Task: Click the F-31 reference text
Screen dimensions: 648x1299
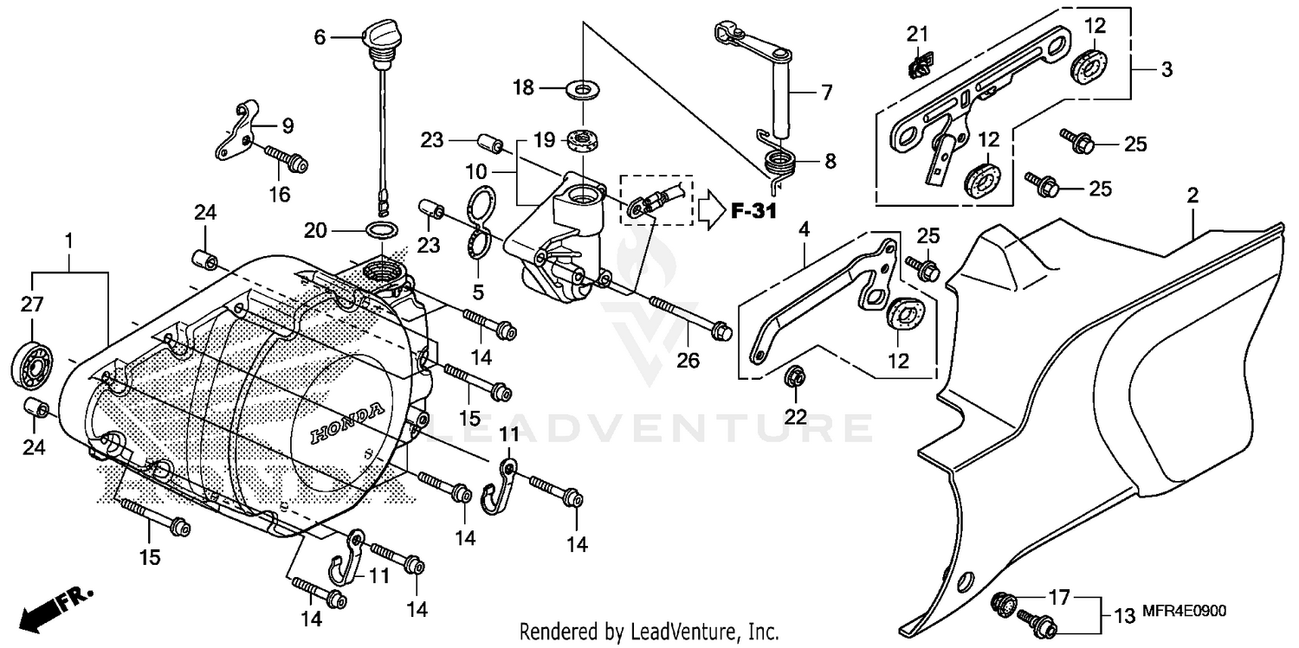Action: (753, 210)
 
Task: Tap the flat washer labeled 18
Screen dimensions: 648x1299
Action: (582, 88)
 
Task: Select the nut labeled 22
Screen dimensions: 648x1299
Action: (793, 377)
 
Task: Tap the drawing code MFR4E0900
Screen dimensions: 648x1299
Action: (1196, 611)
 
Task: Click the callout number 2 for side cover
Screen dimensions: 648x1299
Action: (1192, 196)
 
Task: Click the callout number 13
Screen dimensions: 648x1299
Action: (1123, 616)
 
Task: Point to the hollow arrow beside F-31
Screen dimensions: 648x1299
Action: (712, 209)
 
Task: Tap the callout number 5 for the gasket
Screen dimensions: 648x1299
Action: (477, 292)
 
